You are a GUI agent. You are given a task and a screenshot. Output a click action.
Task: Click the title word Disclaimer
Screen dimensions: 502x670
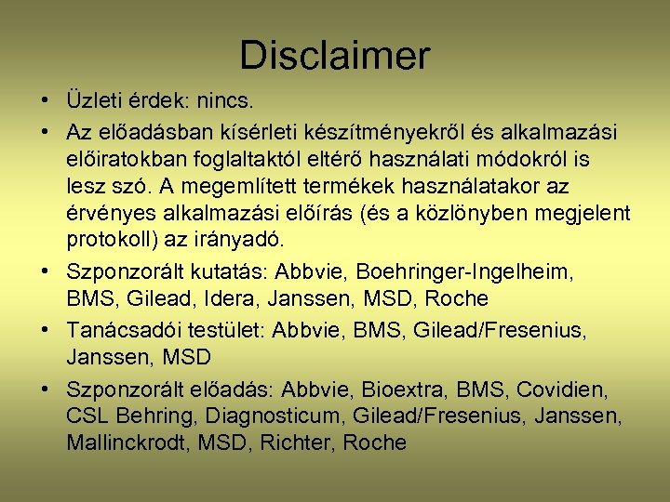[x=334, y=56]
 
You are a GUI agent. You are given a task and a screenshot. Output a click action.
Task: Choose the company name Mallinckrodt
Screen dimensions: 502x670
[x=127, y=443]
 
